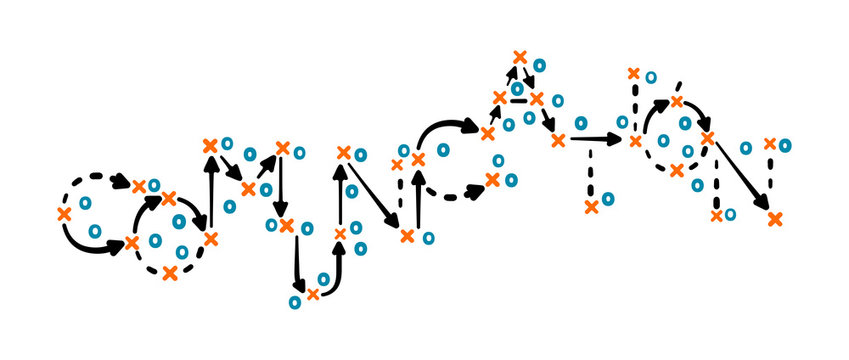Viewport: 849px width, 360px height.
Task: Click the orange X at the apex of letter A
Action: (519, 57)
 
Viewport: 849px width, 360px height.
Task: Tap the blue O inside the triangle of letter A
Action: (517, 89)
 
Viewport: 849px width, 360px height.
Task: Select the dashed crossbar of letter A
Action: (518, 100)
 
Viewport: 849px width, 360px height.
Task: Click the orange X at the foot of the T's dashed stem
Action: (591, 207)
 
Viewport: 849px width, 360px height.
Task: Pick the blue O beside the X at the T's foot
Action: (608, 199)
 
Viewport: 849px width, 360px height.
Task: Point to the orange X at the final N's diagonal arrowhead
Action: (774, 217)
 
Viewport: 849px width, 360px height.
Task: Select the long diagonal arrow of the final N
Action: (741, 175)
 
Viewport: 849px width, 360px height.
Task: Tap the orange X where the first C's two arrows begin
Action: (64, 214)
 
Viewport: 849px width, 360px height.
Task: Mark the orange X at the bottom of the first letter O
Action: (170, 272)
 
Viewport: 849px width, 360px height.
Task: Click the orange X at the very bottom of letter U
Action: (313, 294)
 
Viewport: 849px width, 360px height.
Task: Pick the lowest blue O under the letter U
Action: (297, 301)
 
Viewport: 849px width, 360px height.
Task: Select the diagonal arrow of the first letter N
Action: (375, 195)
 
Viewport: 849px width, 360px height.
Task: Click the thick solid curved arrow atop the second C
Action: (446, 128)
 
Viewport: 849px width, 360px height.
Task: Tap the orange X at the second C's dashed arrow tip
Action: (492, 180)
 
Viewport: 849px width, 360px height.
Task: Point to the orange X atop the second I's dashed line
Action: (632, 73)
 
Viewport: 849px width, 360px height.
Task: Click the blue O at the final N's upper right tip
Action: (785, 145)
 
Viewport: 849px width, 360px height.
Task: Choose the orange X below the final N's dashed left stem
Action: (716, 215)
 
